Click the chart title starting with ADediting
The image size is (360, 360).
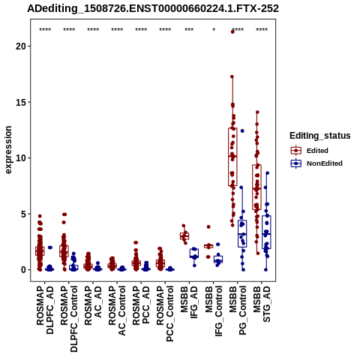(153, 9)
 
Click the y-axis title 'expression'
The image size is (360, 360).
(8, 150)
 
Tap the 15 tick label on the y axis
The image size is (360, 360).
(21, 102)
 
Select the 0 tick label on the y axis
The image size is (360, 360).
(24, 270)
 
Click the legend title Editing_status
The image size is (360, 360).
(320, 136)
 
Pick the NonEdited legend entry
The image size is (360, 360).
(316, 163)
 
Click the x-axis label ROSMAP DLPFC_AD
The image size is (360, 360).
(45, 310)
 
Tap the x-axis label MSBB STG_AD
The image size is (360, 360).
(262, 304)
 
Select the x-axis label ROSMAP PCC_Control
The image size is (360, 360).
(165, 313)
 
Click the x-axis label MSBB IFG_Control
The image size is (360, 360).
(214, 311)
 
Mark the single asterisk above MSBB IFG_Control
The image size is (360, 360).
(214, 30)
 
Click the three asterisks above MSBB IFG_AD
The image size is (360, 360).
(189, 30)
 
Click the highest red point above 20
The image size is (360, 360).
(232, 31)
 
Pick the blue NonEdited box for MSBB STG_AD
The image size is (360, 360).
(266, 232)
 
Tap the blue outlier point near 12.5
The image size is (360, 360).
(242, 130)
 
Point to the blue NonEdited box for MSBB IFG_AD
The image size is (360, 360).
(194, 253)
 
